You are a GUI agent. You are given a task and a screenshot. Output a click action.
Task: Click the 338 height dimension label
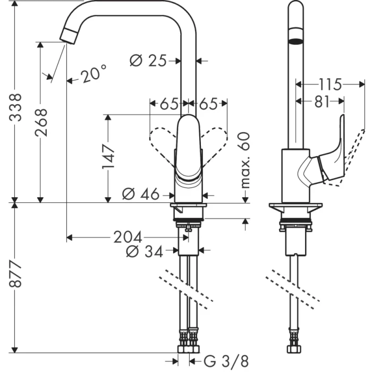click(17, 108)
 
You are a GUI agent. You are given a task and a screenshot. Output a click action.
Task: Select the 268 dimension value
click(41, 122)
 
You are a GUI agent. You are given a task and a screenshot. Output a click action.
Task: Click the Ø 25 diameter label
click(148, 61)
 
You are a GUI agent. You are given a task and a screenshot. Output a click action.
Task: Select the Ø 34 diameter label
click(144, 252)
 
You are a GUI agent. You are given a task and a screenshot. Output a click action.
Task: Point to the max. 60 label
click(245, 160)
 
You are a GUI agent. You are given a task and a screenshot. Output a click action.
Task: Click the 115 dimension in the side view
click(329, 83)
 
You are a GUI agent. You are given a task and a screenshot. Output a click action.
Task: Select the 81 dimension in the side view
click(322, 102)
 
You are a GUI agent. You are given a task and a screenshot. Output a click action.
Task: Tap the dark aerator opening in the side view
click(296, 41)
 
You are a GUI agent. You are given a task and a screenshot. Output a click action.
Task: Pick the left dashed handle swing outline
click(162, 143)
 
